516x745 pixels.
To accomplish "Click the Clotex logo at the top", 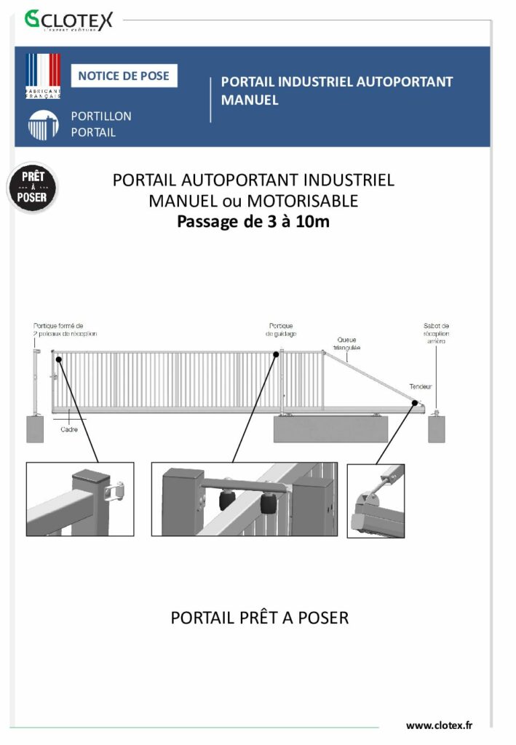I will pos(68,20).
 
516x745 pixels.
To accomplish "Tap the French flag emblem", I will pos(43,76).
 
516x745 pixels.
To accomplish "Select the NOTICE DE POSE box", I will pos(124,76).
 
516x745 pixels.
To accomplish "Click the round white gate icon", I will pos(43,125).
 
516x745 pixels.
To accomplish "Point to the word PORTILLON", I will pos(101,116).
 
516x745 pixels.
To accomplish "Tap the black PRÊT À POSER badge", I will pos(33,188).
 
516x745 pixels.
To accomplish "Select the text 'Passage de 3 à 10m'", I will pos(253,221).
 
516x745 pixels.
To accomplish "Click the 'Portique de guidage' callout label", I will pos(282,330).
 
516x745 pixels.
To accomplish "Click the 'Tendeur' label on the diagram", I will pos(420,386).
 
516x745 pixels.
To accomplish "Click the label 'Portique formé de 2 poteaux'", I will pos(65,330).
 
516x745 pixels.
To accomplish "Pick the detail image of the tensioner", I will pos(376,501).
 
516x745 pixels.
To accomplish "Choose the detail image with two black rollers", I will pos(244,500).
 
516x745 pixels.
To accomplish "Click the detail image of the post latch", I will pos(80,499).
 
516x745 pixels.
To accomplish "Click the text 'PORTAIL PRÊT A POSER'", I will pos(260,618).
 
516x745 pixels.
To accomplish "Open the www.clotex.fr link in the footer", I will pos(439,725).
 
